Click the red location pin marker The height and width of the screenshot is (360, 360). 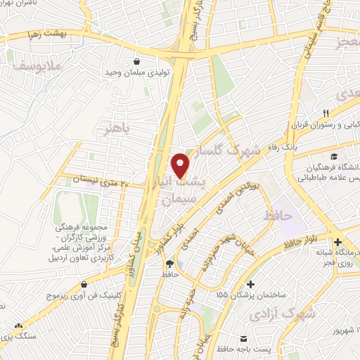(181, 165)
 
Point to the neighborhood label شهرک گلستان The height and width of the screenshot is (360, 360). (230, 150)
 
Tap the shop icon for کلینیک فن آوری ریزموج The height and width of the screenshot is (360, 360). (84, 285)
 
